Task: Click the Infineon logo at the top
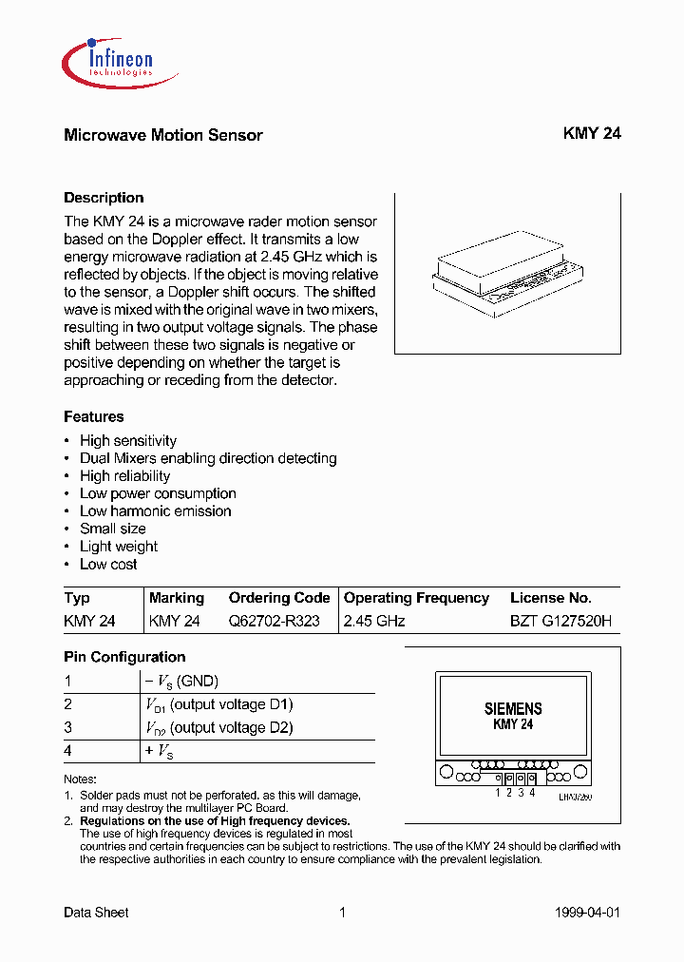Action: (107, 60)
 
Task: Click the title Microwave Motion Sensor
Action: (162, 135)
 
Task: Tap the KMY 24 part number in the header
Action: (592, 134)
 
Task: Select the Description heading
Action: (104, 198)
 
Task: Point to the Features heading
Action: (93, 416)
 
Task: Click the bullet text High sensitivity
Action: (128, 441)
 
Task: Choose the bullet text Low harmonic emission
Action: (155, 511)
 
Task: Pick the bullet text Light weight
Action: (119, 547)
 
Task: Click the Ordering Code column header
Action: (279, 598)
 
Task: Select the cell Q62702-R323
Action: (274, 621)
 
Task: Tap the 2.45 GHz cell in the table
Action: (374, 621)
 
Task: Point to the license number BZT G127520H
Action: (560, 621)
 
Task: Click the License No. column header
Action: (551, 598)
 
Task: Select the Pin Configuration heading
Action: (124, 657)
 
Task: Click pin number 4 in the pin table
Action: (67, 751)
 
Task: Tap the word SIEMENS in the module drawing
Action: (513, 709)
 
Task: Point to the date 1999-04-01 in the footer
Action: (586, 913)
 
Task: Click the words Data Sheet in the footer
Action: (96, 913)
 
